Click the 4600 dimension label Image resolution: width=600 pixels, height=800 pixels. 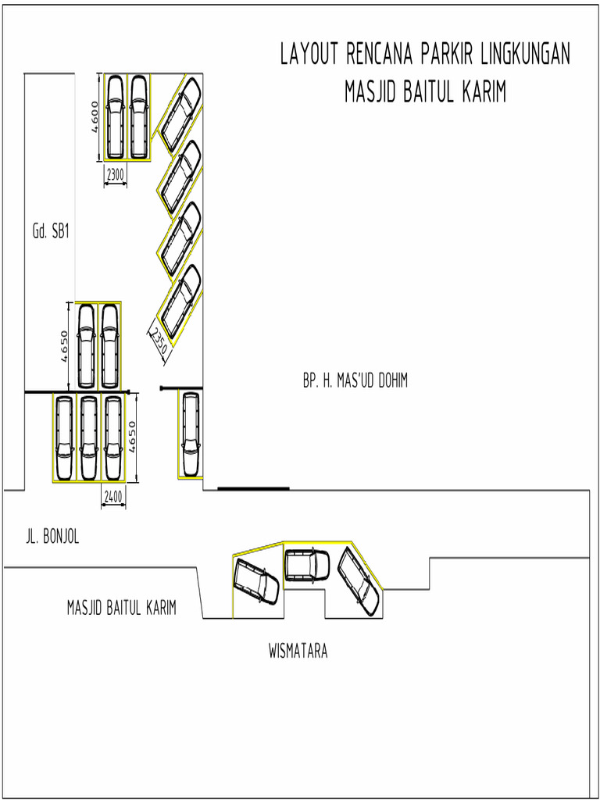[94, 117]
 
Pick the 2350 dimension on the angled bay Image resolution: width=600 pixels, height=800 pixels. [159, 342]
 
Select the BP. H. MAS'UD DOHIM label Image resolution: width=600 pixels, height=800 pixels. [355, 381]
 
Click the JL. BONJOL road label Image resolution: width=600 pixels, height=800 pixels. [52, 537]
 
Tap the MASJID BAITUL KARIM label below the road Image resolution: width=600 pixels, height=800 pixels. [121, 607]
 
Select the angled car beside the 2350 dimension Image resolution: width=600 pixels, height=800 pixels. [180, 302]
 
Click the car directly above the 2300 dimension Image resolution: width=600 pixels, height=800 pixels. [115, 116]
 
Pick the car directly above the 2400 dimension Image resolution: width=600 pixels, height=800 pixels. [113, 437]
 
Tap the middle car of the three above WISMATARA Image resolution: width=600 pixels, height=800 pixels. [306, 566]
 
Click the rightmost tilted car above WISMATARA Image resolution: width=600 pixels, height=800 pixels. [359, 580]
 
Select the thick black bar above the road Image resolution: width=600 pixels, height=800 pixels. [253, 488]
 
